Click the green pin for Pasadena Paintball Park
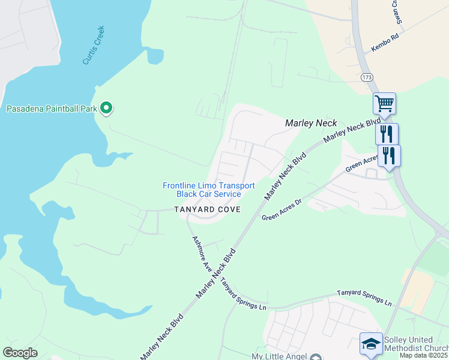click(x=107, y=108)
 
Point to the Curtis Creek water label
click(x=94, y=45)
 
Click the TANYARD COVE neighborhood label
click(x=207, y=209)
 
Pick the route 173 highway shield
click(x=367, y=77)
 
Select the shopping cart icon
click(x=384, y=103)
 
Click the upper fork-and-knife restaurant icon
click(x=387, y=133)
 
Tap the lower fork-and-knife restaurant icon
click(x=389, y=155)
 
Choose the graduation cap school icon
click(x=370, y=343)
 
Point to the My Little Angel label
click(x=279, y=356)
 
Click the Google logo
click(x=20, y=352)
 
